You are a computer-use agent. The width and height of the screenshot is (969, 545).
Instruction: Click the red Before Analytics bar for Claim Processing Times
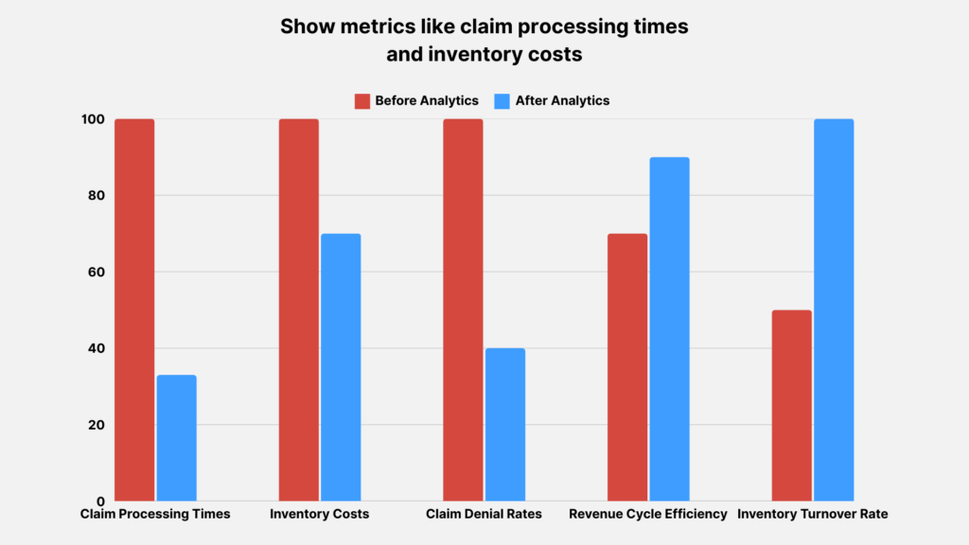tap(134, 309)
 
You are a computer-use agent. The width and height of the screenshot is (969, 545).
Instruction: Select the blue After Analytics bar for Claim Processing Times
tap(176, 438)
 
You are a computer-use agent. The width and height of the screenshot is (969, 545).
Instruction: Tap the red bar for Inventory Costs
tap(298, 309)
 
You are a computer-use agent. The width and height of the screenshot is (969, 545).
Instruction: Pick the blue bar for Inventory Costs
tap(341, 367)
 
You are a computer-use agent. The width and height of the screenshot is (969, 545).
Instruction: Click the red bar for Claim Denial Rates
tap(463, 309)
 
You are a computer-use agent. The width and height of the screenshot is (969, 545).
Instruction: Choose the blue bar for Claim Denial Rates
tap(504, 425)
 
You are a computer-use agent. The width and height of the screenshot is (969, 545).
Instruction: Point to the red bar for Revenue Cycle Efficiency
tap(627, 367)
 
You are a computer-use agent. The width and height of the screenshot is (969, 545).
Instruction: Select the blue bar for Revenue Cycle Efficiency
tap(669, 328)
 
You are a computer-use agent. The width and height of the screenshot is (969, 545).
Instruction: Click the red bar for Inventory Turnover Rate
tap(791, 405)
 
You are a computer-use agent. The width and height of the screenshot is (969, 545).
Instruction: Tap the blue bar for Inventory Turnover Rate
tap(834, 309)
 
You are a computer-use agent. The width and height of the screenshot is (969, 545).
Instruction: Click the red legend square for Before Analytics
tap(361, 101)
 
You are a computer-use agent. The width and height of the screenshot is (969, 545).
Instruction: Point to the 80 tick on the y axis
tap(93, 196)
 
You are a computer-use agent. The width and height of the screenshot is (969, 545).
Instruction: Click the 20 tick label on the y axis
tap(93, 425)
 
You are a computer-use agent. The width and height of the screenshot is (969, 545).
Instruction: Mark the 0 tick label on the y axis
tap(97, 501)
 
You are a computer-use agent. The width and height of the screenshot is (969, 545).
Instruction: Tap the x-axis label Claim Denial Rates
tap(484, 515)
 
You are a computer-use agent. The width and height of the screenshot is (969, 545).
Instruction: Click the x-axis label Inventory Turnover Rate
tap(813, 515)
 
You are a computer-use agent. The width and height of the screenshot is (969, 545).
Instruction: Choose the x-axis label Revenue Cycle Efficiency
tap(648, 515)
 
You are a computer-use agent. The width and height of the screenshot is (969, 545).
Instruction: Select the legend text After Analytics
tap(562, 101)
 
